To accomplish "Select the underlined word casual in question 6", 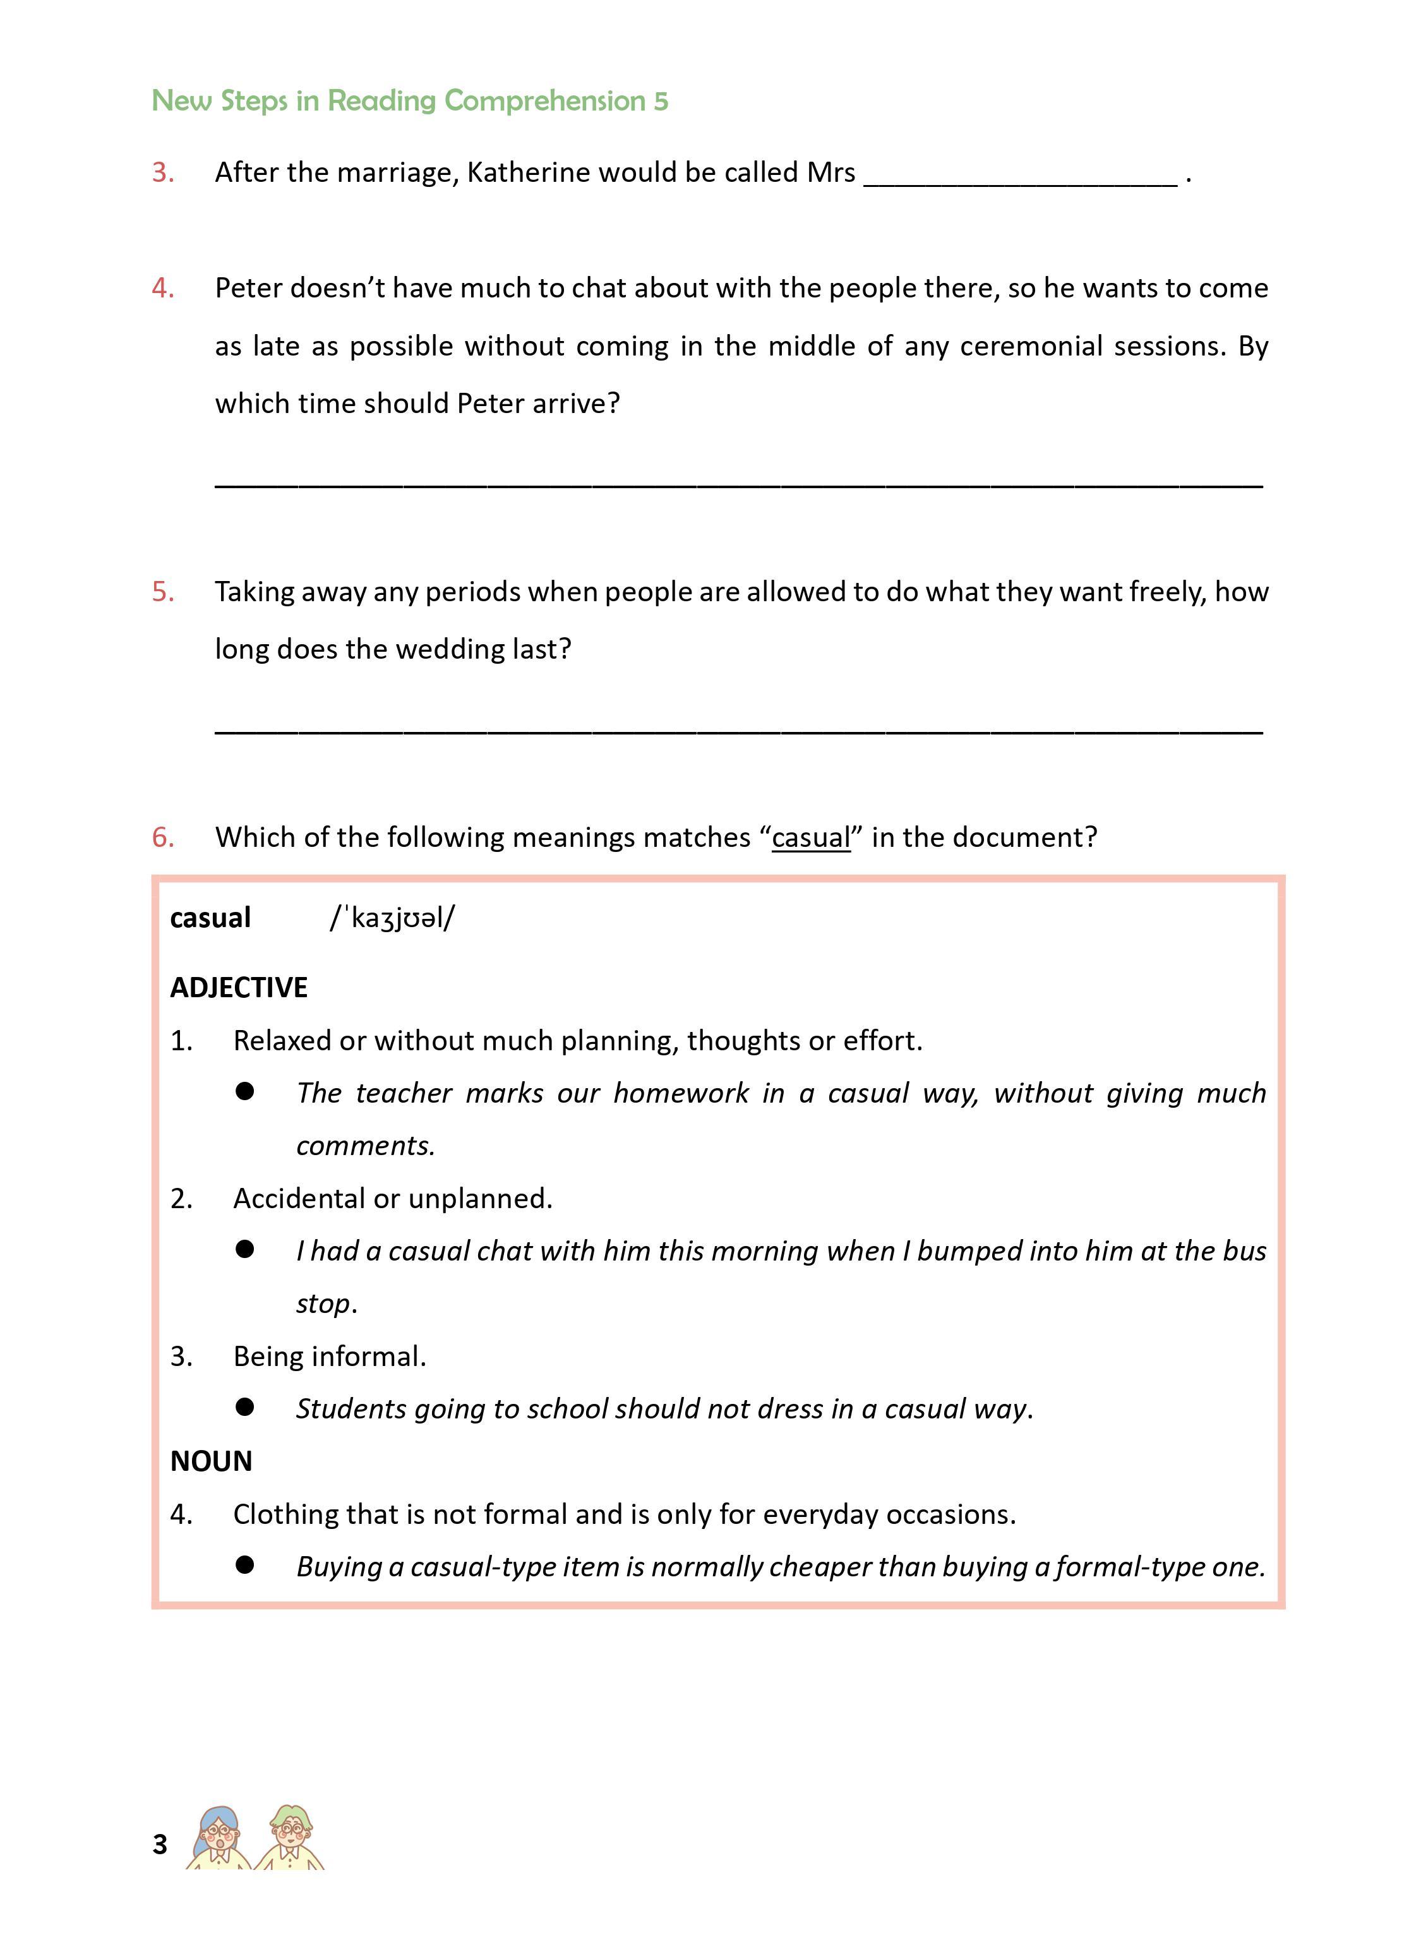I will coord(810,837).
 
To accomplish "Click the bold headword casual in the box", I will coord(210,918).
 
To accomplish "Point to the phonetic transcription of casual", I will coord(392,918).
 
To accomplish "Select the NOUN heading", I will coord(211,1461).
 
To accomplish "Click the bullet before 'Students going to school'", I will coord(245,1407).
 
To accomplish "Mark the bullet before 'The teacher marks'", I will coord(245,1091).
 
